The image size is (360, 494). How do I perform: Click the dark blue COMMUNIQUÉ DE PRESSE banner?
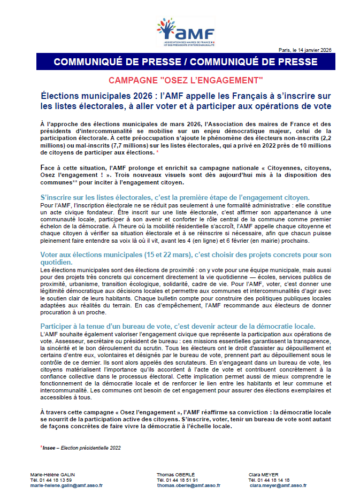185,62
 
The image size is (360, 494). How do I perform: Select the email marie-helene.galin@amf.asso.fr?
66,485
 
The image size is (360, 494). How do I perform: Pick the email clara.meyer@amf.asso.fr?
278,485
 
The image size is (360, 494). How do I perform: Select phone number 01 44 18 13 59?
61,480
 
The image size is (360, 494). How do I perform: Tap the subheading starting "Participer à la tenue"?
178,326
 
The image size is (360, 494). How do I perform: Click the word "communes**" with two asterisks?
58,182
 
